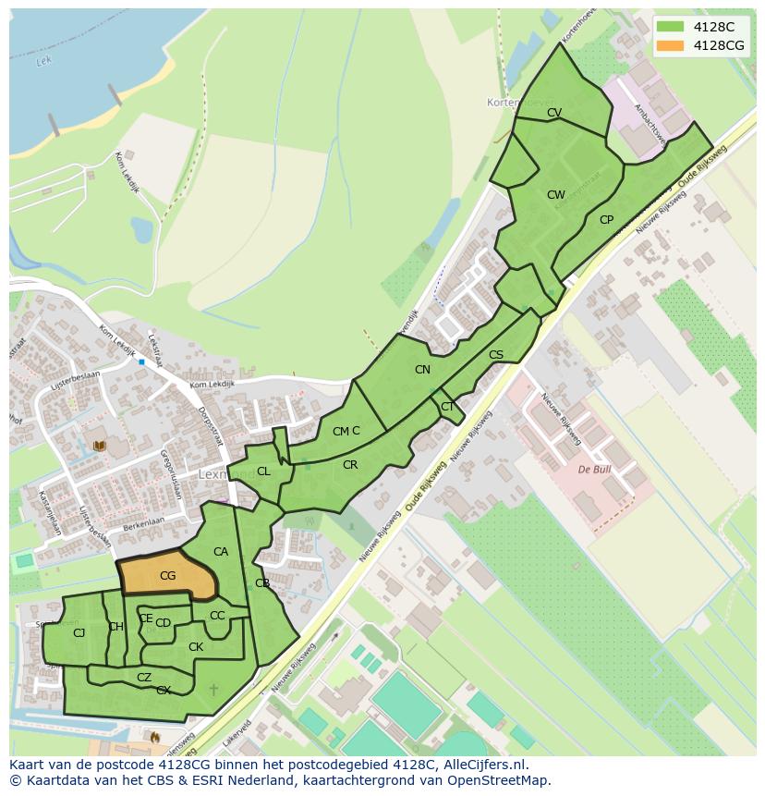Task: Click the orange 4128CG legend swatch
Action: (672, 45)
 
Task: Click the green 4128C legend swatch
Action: (672, 27)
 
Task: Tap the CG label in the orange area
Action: (167, 576)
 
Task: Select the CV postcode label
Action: (554, 113)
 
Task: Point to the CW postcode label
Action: (555, 195)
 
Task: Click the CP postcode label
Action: (606, 220)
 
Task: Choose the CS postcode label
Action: (496, 355)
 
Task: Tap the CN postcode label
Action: (422, 370)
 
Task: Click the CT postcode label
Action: (447, 407)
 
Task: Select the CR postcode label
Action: (350, 465)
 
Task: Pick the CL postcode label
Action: (263, 471)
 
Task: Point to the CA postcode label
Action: (221, 552)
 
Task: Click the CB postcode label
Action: (262, 583)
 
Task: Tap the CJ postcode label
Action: (79, 632)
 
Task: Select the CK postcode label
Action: (196, 647)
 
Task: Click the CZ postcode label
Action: (144, 678)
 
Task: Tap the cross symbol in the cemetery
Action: (214, 690)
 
